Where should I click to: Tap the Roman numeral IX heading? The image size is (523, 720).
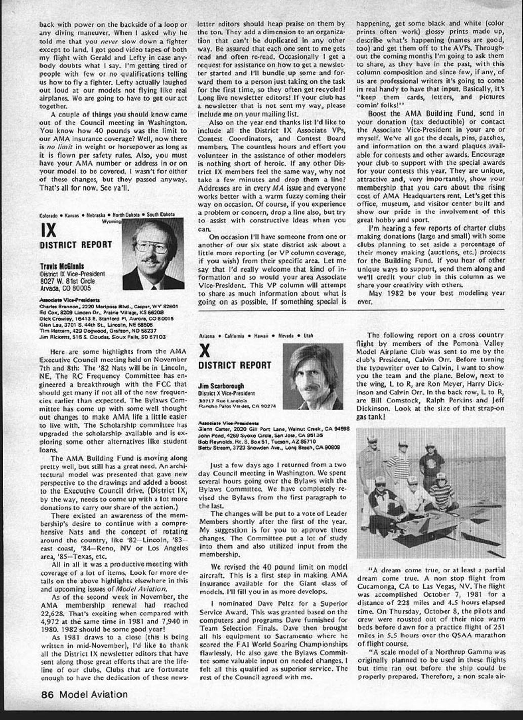click(x=49, y=231)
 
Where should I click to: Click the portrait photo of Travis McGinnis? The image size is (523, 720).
click(x=153, y=253)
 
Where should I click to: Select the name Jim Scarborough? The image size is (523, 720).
click(x=221, y=386)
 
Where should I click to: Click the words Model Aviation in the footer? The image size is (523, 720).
click(x=93, y=694)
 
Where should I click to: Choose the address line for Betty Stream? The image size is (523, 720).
click(x=268, y=447)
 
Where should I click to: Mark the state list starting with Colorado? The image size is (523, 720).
click(x=106, y=215)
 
